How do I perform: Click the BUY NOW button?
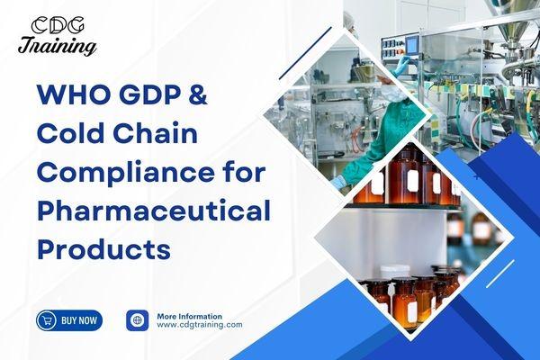(x=69, y=319)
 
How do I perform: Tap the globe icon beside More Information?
(x=137, y=319)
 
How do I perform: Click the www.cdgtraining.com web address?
(x=200, y=325)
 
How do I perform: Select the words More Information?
(x=189, y=316)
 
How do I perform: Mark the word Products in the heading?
(x=103, y=249)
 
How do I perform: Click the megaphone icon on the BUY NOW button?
(x=49, y=319)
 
